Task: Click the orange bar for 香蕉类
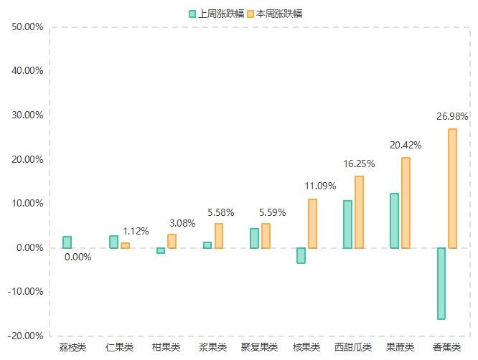point(452,189)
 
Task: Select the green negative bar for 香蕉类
point(441,283)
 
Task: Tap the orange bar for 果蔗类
point(406,203)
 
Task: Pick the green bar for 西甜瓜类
point(347,224)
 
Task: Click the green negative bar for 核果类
point(301,255)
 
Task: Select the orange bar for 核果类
point(312,224)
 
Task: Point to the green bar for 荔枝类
point(67,242)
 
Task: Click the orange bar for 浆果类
point(219,236)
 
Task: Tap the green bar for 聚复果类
point(254,238)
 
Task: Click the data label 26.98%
point(452,116)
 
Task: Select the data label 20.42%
point(406,145)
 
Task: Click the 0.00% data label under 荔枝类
point(78,257)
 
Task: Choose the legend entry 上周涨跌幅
point(217,14)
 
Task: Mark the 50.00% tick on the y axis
point(28,27)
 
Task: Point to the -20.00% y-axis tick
point(27,336)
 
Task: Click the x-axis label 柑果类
point(166,348)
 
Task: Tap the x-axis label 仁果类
point(119,348)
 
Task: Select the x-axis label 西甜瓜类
point(353,348)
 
